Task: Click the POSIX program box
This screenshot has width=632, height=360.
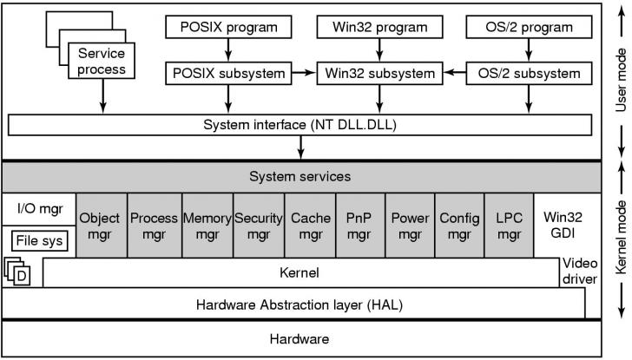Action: tap(229, 27)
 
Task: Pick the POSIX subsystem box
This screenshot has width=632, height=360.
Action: tap(229, 73)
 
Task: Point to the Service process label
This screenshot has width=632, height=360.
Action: tap(102, 61)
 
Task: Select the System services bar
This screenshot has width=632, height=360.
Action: tap(300, 177)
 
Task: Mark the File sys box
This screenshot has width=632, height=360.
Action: tap(38, 240)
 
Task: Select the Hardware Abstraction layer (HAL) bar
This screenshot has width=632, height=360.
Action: tap(299, 304)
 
